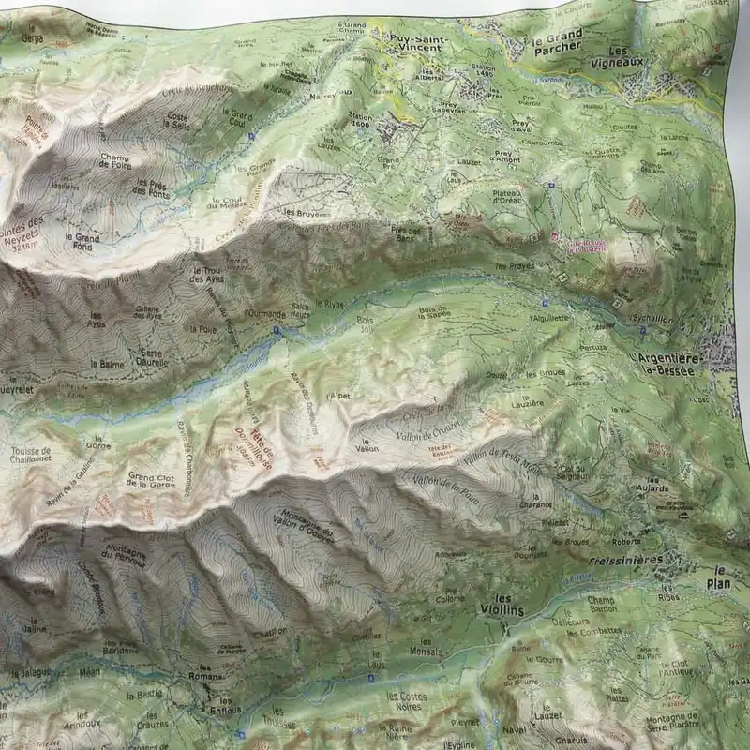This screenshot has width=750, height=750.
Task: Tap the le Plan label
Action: (721, 576)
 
